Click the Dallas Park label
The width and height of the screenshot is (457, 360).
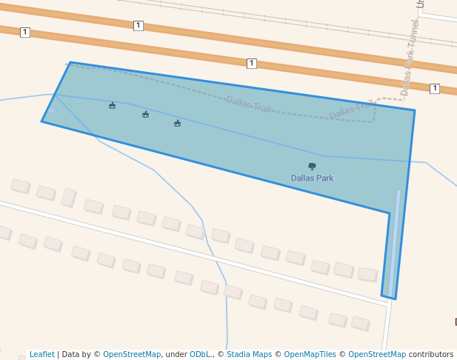(x=312, y=179)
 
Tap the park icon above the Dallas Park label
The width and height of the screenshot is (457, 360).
(x=312, y=166)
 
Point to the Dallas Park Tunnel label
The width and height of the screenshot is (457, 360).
(x=410, y=58)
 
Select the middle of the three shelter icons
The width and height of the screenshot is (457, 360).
(x=145, y=115)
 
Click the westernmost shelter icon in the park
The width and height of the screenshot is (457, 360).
(x=112, y=106)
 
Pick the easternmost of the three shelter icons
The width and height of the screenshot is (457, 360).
(x=177, y=124)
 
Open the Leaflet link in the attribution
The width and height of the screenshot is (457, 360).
(x=42, y=355)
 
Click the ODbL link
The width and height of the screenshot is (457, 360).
(x=199, y=355)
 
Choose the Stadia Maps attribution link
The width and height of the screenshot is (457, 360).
(x=249, y=355)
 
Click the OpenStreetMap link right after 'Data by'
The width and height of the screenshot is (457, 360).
(x=132, y=355)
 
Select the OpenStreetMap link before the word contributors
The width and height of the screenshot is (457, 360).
(x=377, y=355)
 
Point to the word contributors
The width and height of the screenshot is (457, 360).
(x=431, y=355)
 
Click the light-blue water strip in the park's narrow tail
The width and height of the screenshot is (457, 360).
(x=393, y=244)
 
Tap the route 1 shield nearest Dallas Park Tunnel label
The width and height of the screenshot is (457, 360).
(x=434, y=89)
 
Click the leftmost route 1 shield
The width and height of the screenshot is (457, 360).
(x=24, y=32)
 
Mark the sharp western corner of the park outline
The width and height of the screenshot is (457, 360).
(x=42, y=121)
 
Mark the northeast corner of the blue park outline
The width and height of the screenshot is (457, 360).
(x=414, y=111)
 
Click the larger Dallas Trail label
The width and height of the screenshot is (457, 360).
(x=249, y=105)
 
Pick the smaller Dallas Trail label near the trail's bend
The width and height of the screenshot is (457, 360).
(x=351, y=110)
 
